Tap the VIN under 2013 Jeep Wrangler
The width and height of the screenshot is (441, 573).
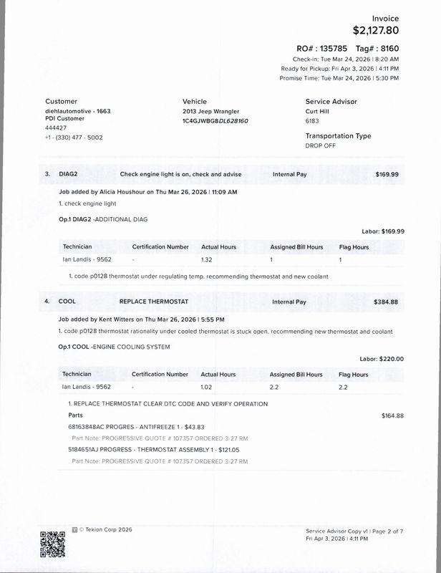(x=215, y=121)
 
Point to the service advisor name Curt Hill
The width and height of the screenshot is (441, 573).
(x=321, y=112)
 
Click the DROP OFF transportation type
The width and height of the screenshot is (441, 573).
(x=321, y=145)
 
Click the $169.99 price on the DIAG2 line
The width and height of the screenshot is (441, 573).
(x=387, y=174)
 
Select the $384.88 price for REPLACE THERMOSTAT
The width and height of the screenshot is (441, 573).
(x=387, y=302)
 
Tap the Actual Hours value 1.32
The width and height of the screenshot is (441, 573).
(x=207, y=259)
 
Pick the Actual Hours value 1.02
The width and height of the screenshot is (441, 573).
(x=207, y=387)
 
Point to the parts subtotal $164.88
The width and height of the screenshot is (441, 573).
(x=393, y=415)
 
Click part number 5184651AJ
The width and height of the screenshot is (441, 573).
(x=87, y=450)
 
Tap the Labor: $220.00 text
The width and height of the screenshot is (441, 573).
(x=382, y=359)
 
